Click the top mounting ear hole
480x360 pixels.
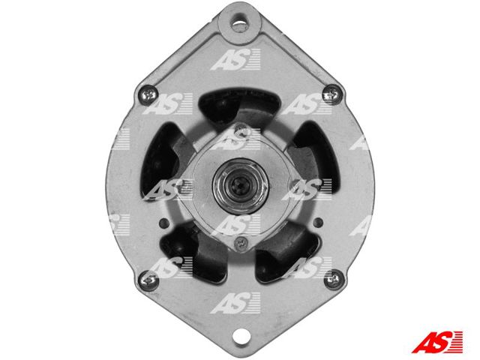pyautogui.click(x=240, y=23)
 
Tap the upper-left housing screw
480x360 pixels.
pyautogui.click(x=148, y=95)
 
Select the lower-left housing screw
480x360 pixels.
pyautogui.click(x=148, y=280)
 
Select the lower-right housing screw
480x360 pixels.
pyautogui.click(x=333, y=279)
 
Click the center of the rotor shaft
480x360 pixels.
pyautogui.click(x=241, y=186)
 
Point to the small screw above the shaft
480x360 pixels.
pyautogui.click(x=240, y=129)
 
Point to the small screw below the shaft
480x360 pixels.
pyautogui.click(x=241, y=243)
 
